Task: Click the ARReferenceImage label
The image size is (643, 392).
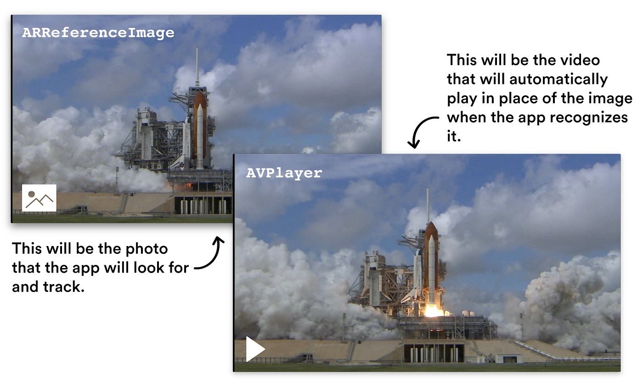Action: pyautogui.click(x=98, y=33)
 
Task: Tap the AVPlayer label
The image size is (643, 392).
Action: pyautogui.click(x=284, y=173)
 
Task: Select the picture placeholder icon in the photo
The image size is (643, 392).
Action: pyautogui.click(x=39, y=198)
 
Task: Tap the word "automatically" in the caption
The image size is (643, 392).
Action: pyautogui.click(x=558, y=79)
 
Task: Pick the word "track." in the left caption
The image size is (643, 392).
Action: pyautogui.click(x=64, y=287)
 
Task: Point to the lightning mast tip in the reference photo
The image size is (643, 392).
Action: pyautogui.click(x=197, y=48)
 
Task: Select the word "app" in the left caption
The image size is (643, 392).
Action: pyautogui.click(x=85, y=269)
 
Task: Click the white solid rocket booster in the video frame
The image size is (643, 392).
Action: pyautogui.click(x=431, y=264)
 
